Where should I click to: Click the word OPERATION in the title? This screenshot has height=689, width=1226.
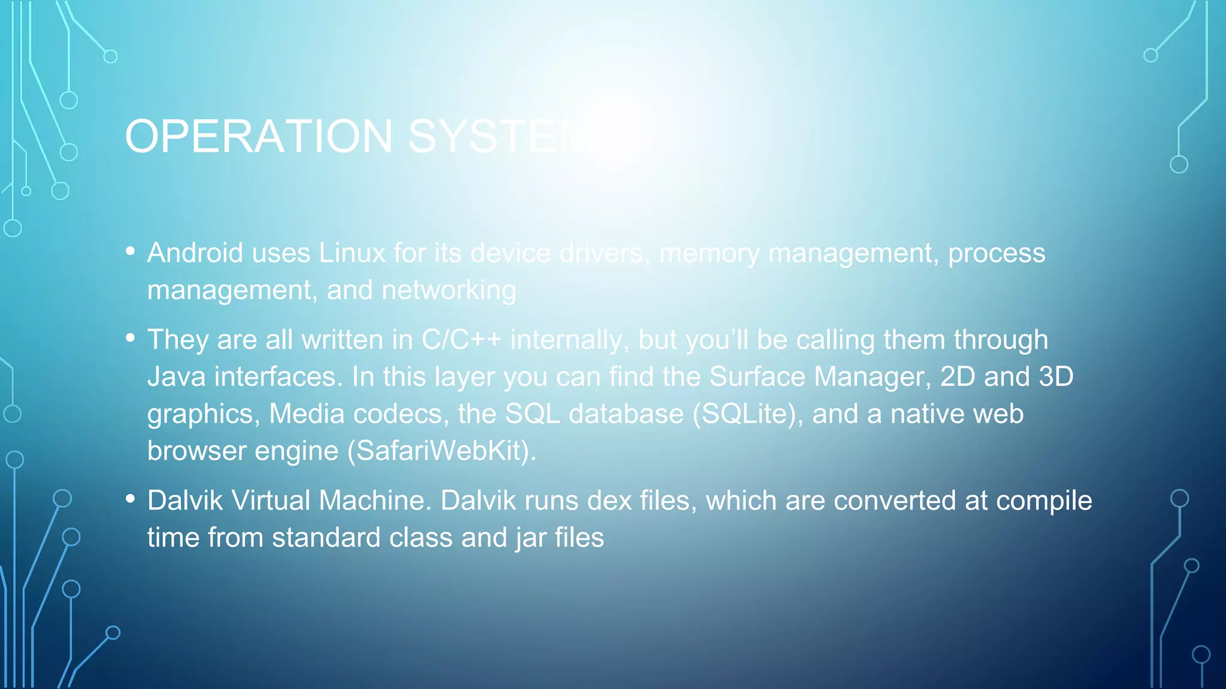(259, 136)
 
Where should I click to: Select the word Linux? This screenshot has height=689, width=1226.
(352, 253)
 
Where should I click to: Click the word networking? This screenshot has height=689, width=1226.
(448, 291)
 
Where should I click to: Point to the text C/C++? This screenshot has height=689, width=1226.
(462, 340)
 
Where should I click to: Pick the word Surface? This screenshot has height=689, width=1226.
(757, 377)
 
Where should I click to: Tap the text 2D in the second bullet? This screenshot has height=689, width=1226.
(957, 377)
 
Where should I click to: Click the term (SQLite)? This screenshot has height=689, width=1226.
(748, 414)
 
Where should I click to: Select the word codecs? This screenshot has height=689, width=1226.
(400, 414)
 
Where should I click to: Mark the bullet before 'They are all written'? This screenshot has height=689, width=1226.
(131, 338)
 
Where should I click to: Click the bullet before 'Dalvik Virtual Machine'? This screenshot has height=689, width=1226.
(131, 499)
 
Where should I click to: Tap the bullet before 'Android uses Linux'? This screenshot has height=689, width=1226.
(131, 251)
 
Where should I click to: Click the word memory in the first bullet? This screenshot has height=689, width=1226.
(709, 254)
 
